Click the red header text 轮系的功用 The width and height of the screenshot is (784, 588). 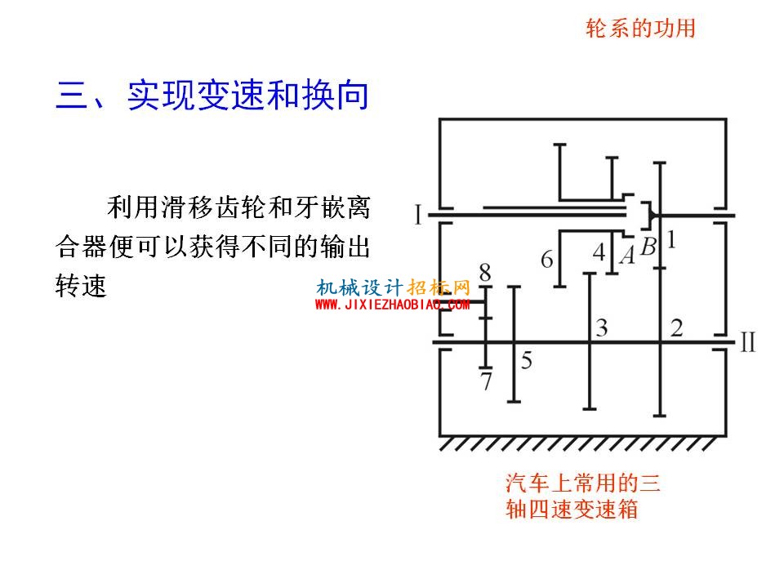(640, 28)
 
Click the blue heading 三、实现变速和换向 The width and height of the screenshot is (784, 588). (212, 95)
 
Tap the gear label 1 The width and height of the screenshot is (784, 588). (671, 239)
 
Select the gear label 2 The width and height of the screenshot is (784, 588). (676, 328)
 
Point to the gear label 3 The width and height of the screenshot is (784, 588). (602, 328)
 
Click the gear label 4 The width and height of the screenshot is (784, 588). (599, 252)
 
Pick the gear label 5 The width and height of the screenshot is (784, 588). (527, 360)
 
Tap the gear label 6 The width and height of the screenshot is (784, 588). (547, 260)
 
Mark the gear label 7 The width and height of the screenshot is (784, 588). (486, 381)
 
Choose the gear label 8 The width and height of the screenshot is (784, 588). (485, 273)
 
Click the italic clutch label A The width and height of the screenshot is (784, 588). (627, 255)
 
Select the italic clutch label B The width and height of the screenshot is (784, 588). (648, 247)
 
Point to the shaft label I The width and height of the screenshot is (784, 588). (418, 215)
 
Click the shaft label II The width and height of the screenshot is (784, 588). (748, 343)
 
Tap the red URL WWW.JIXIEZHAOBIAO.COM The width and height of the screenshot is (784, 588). (392, 305)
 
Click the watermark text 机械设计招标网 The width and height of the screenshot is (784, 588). (393, 287)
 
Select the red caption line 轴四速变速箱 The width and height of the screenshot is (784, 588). (572, 510)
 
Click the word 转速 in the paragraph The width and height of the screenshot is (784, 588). (81, 286)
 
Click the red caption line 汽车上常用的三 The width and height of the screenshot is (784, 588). (583, 483)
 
